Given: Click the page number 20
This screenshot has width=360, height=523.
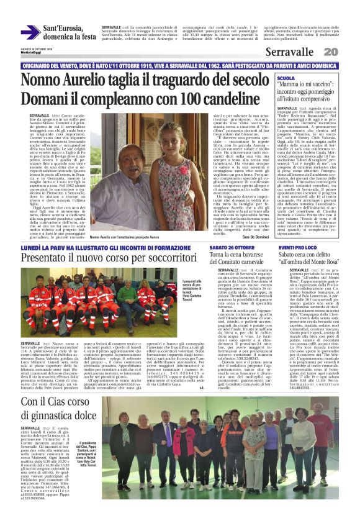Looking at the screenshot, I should point(330,52).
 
